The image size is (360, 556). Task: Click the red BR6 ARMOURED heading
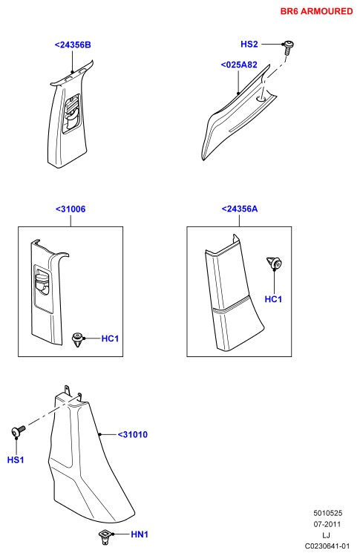coord(316,11)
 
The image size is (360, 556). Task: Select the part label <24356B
coord(73,45)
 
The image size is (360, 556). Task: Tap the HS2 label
coord(249,44)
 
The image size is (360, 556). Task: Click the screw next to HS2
coord(288,48)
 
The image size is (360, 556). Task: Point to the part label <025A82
coord(239,65)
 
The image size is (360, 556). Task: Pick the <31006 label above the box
coord(71,209)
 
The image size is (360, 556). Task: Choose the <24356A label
coord(240,209)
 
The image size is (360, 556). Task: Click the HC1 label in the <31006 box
coord(110,338)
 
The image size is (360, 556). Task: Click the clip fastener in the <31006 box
coord(78,339)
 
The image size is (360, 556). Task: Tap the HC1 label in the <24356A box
coord(273,299)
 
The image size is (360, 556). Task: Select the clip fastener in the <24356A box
coord(274,263)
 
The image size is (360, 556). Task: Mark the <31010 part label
coord(133,434)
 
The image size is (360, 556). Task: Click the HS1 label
coord(16,460)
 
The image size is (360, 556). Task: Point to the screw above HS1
coord(18,431)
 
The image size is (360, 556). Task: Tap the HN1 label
coord(140,534)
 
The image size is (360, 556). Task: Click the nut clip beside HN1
coord(105,537)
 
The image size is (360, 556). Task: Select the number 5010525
coord(327,513)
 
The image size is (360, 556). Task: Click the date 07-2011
coord(327,524)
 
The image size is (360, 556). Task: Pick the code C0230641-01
coord(327,546)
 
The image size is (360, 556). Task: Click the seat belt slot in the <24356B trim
coord(71,114)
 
